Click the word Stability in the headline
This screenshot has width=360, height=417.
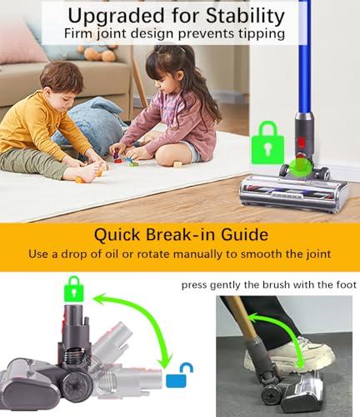[245, 17]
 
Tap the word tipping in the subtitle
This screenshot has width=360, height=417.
[261, 34]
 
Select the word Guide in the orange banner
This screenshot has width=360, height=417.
[244, 234]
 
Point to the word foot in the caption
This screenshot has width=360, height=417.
[346, 284]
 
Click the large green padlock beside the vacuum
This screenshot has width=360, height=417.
[267, 143]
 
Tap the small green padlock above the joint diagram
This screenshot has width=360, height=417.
[73, 289]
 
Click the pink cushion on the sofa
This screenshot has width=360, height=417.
[21, 42]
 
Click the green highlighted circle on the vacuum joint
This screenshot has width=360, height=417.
[300, 168]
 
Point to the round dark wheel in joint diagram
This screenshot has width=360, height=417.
[77, 386]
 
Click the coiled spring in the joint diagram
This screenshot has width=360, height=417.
[76, 356]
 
